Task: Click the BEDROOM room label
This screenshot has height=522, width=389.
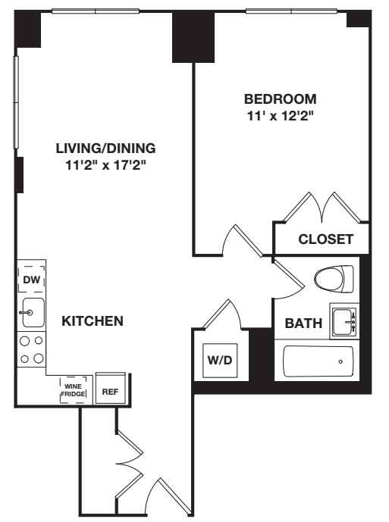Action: coord(280,99)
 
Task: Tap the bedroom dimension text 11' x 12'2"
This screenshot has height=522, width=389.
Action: coord(280,116)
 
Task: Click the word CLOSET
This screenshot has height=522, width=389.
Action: coord(325,239)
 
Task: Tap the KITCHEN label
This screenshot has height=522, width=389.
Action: coord(92,321)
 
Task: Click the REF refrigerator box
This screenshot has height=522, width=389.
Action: coord(110,391)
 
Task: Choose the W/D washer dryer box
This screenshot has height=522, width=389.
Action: coord(221,359)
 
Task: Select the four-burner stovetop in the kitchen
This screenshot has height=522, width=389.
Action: coord(32,350)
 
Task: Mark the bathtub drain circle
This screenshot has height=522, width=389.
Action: coord(340,361)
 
